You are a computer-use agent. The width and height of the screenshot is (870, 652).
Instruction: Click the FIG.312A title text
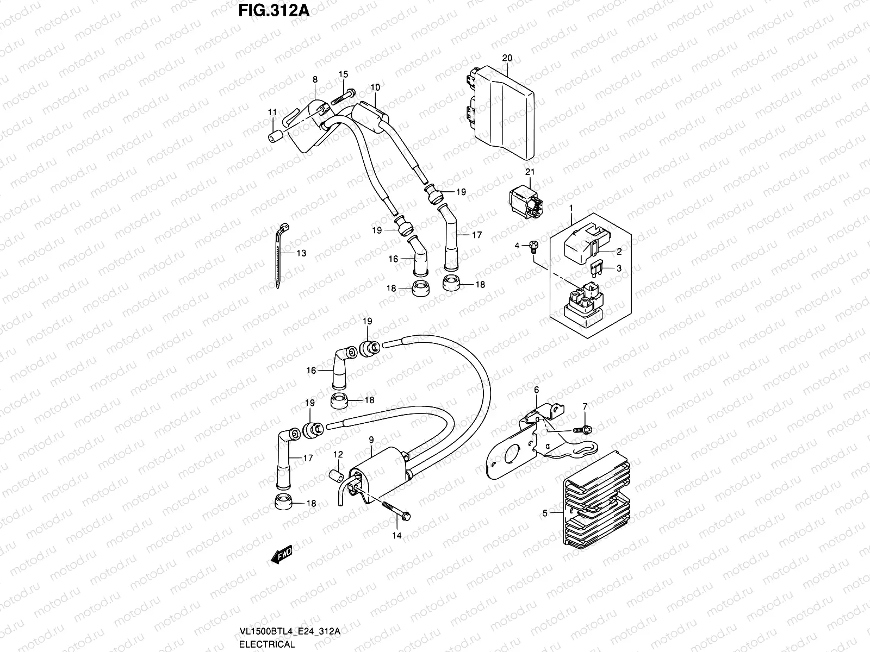tap(274, 10)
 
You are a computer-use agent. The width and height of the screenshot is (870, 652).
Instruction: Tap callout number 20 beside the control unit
tap(507, 58)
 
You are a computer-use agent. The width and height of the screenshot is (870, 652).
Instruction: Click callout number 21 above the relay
tap(530, 172)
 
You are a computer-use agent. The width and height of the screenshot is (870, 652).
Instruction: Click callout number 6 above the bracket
tap(536, 390)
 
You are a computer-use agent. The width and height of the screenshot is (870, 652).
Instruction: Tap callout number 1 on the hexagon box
tap(571, 208)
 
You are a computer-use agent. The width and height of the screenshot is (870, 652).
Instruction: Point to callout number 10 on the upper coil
tap(375, 87)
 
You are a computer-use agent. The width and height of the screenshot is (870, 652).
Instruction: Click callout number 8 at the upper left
tap(315, 79)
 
